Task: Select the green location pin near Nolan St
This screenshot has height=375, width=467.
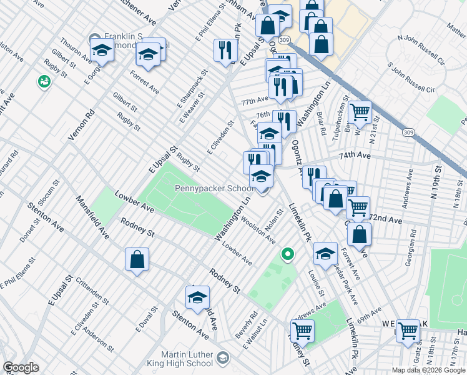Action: (x=287, y=254)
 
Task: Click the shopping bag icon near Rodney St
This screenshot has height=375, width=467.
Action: (x=137, y=259)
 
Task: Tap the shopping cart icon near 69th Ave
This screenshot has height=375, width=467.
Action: (x=302, y=330)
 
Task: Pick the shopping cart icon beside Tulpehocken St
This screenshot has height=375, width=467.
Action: (x=360, y=112)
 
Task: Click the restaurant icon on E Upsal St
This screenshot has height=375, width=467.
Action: (x=225, y=51)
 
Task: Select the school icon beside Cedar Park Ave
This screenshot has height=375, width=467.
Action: (x=325, y=253)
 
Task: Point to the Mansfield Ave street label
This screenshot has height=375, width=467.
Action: (x=92, y=218)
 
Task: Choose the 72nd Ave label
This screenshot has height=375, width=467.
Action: (x=385, y=219)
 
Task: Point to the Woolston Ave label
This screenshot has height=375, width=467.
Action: (x=257, y=229)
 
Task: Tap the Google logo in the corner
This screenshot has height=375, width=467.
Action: (x=21, y=367)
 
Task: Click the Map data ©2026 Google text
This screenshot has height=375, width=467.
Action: (x=427, y=370)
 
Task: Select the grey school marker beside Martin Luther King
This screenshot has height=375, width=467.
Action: (x=223, y=358)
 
